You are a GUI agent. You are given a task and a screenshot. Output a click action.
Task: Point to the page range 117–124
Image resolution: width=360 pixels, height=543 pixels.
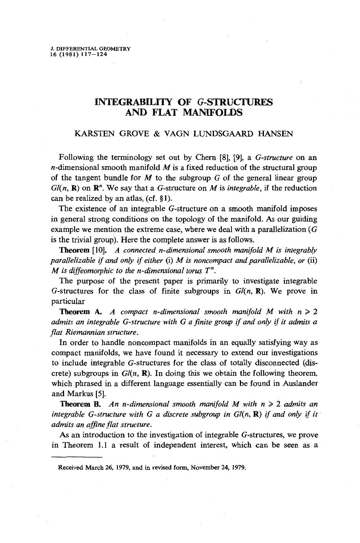94,54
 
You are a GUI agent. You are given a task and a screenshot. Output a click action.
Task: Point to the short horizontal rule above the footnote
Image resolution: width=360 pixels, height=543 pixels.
77,457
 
